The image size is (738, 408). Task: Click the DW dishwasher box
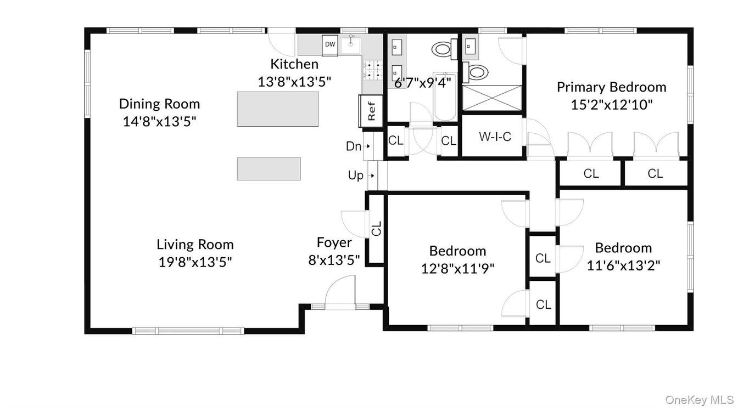330,44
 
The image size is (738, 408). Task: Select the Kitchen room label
294,64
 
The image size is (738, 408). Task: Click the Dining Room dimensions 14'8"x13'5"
159,120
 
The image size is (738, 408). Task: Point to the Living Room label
195,245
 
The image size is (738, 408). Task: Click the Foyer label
334,242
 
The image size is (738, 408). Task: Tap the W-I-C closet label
495,137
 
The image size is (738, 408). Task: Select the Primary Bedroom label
611,87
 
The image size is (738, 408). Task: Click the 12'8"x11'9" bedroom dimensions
457,268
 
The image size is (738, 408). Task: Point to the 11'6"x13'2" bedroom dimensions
623,265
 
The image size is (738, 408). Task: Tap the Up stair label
356,175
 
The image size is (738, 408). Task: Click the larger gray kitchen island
278,109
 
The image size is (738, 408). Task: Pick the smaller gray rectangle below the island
269,169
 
